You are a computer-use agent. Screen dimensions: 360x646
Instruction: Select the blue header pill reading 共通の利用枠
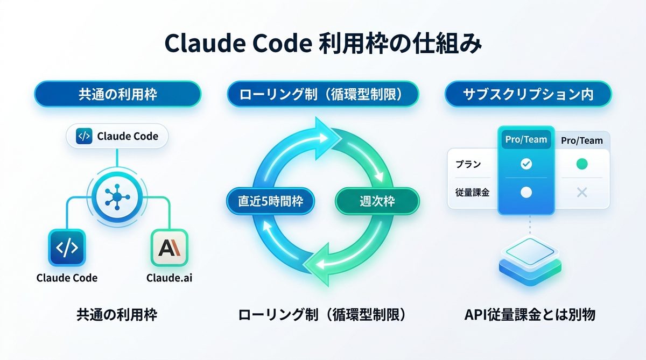(117, 95)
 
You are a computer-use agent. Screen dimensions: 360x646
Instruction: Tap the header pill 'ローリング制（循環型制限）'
(322, 95)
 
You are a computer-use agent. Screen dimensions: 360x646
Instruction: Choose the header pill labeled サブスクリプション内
(528, 95)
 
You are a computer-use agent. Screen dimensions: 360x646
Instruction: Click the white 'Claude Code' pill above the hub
(117, 136)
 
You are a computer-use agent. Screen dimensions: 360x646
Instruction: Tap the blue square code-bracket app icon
(67, 248)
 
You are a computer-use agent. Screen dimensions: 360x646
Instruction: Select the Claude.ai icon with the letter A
(170, 248)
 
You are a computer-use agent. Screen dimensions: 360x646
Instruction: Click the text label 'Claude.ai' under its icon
(170, 278)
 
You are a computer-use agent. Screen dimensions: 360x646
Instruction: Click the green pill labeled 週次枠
(377, 201)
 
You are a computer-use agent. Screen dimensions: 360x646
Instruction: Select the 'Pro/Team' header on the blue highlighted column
(526, 140)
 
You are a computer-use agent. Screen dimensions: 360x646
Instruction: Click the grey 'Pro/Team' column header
(582, 140)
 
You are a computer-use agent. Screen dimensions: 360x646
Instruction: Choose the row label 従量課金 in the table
(469, 192)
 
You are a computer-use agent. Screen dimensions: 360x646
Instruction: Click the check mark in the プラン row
(526, 164)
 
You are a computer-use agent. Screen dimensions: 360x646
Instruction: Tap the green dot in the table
(582, 164)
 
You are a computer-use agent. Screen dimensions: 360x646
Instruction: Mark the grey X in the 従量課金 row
(582, 192)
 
